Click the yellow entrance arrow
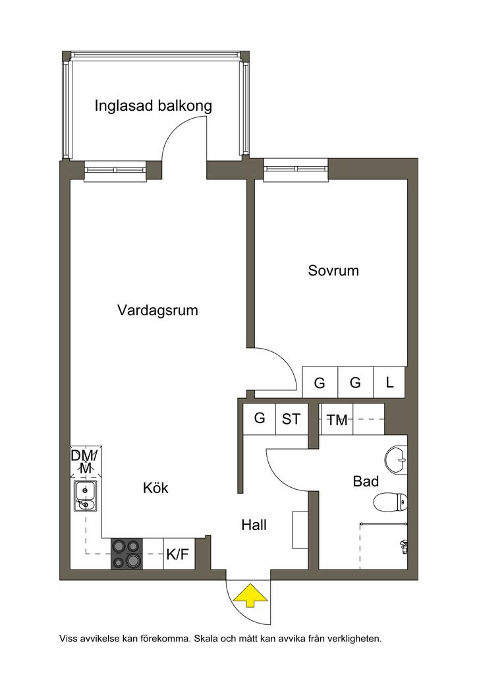(250, 595)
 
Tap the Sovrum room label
(333, 270)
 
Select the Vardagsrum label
(157, 310)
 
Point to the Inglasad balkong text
(153, 106)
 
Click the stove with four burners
(127, 553)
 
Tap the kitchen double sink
(85, 496)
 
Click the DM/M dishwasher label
(85, 461)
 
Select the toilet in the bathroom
(390, 502)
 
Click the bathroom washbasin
(396, 460)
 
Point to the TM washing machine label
(337, 420)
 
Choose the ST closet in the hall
(291, 419)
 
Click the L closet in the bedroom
(389, 382)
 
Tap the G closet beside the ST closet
(259, 419)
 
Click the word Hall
(254, 525)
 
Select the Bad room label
(366, 481)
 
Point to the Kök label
(155, 488)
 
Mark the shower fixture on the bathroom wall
(403, 546)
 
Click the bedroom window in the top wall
(296, 170)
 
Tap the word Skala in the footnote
(206, 638)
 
